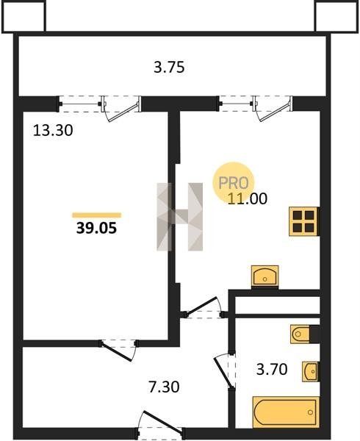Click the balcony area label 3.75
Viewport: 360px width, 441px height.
(169, 68)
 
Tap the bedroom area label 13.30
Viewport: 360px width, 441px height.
(53, 131)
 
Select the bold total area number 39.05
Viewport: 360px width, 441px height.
(96, 228)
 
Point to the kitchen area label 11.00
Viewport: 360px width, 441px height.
(248, 199)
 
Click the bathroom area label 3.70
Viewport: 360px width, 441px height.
(272, 369)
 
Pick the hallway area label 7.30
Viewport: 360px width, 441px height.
(164, 387)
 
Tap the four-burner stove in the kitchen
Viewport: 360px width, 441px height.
(303, 221)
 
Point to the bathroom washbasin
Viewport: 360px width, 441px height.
(310, 371)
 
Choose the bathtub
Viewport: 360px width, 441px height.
(286, 412)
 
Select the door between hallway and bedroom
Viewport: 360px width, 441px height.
(119, 350)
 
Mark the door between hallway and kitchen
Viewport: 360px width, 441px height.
(204, 308)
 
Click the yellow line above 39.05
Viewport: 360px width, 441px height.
(97, 215)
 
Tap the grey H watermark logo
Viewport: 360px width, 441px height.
(179, 217)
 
